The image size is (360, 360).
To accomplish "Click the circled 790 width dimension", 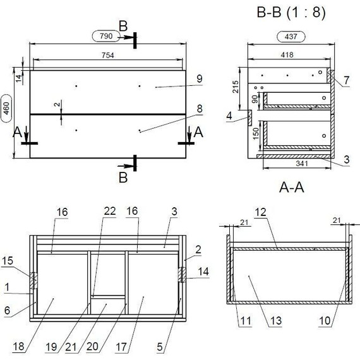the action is (x=106, y=36).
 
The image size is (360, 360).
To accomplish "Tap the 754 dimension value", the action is (x=107, y=56).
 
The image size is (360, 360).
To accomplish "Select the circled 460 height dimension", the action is (x=7, y=109).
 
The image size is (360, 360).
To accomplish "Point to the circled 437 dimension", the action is (x=291, y=37).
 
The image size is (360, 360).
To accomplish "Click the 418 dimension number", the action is (x=287, y=55).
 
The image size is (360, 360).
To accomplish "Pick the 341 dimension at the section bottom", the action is (x=302, y=164).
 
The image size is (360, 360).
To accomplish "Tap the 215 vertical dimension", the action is (x=236, y=87).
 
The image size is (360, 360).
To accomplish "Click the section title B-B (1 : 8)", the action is (x=291, y=12).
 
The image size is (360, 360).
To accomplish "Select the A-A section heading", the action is (x=292, y=188).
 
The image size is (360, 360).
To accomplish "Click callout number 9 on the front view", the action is (x=200, y=79).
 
